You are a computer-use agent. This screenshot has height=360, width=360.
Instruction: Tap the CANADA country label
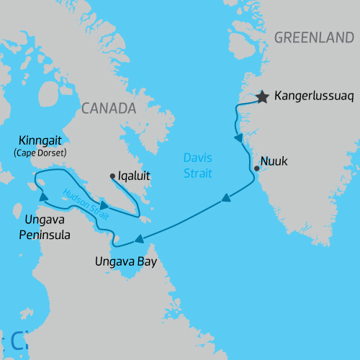109,108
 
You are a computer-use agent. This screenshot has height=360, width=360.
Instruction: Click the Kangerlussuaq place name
312,96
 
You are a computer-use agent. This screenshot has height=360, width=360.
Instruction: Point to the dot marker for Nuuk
257,168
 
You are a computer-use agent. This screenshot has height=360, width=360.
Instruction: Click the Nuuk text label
274,161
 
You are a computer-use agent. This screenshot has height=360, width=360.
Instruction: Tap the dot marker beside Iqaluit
112,176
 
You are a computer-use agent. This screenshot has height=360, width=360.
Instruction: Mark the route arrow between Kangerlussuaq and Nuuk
238,138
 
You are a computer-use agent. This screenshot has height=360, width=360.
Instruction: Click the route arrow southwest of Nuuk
225,198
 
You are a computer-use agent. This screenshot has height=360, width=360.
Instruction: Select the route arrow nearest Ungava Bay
138,239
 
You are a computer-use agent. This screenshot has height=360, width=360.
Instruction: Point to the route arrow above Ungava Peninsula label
42,196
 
